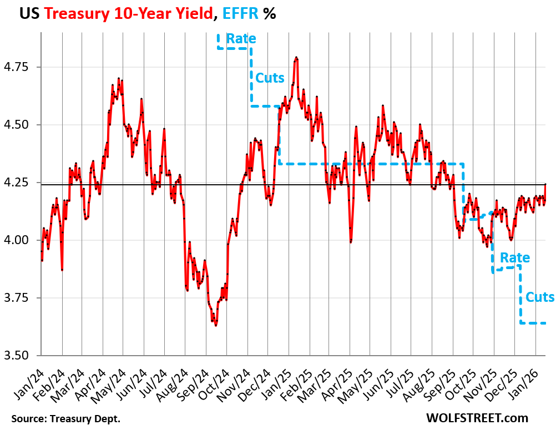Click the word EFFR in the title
(239, 14)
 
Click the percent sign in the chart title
(270, 14)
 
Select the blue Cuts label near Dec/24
(270, 78)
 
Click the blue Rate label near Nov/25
(514, 258)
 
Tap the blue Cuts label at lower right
(539, 297)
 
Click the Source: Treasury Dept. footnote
(65, 418)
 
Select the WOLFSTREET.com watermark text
(477, 418)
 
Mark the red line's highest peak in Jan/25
(296, 57)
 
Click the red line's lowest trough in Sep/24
(216, 325)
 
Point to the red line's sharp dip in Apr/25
(350, 241)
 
